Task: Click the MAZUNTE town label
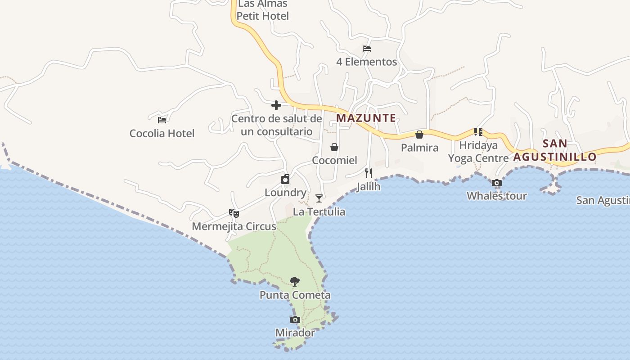(x=366, y=118)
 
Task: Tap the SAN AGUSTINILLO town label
(x=555, y=150)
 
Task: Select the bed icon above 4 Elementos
(x=367, y=49)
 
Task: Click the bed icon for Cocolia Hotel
(x=162, y=120)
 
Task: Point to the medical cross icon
(x=276, y=105)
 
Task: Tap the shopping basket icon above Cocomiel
(x=334, y=147)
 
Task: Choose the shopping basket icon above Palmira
(x=419, y=135)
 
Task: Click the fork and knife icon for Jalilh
(x=369, y=173)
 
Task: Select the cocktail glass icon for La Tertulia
(x=319, y=198)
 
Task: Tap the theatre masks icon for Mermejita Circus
(x=234, y=213)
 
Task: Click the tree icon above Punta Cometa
(x=295, y=282)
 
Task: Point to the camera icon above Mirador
(x=295, y=320)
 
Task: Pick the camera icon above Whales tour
(x=497, y=183)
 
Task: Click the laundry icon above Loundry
(x=285, y=180)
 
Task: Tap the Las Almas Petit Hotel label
(x=263, y=10)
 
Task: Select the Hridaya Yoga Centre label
(x=478, y=152)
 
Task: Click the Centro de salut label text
(x=277, y=125)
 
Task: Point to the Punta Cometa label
(x=295, y=295)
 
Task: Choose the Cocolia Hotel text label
(x=162, y=134)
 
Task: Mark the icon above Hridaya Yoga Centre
(x=478, y=132)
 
